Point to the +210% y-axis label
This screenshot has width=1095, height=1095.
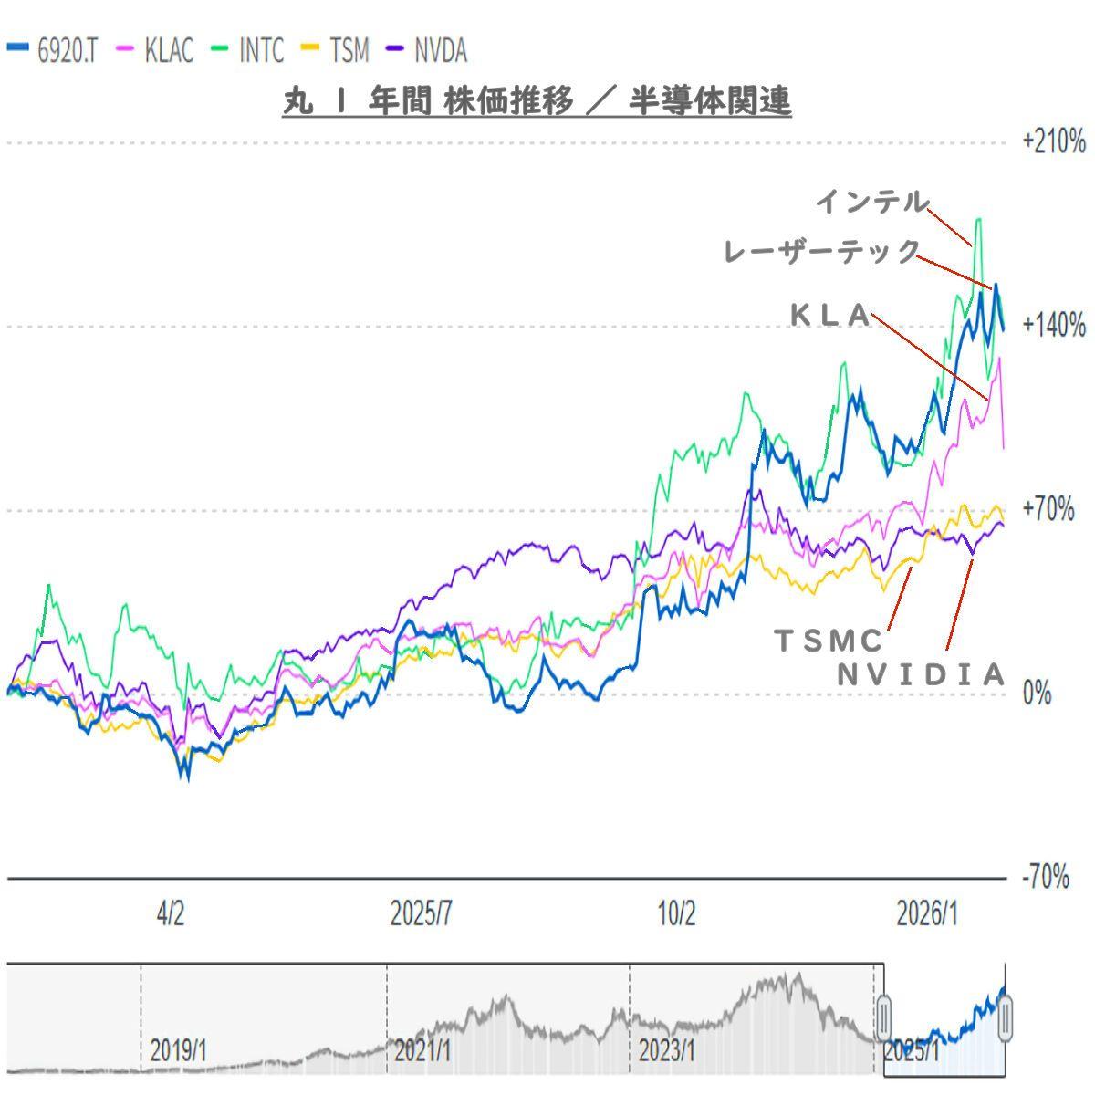point(1053,142)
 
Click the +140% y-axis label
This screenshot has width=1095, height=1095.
point(1053,326)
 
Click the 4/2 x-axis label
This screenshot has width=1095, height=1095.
point(171,913)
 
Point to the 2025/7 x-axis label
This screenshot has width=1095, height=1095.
point(422,913)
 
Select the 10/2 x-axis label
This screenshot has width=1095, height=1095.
point(676,913)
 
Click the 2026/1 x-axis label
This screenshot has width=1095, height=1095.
point(927,913)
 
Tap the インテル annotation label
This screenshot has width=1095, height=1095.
point(871,202)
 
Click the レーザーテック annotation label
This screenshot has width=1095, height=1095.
point(821,251)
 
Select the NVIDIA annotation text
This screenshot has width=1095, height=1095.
point(922,674)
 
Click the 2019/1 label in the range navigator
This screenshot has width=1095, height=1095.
point(178,1050)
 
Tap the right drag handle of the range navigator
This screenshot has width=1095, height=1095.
point(1005,1017)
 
